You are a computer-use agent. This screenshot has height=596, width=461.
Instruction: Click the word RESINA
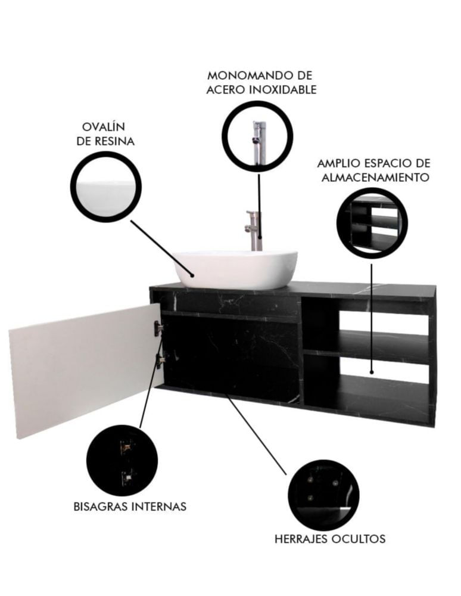114,141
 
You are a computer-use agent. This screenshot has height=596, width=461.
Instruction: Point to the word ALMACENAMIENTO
375,177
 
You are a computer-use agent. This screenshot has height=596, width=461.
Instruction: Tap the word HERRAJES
301,539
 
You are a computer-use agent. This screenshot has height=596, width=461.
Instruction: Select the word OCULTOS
359,539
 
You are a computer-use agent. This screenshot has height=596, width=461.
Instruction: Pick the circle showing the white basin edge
106,187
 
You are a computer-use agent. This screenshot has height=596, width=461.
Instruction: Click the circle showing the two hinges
122,460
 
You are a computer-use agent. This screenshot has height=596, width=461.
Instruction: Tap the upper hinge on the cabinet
158,328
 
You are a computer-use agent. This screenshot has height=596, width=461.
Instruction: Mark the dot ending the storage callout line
372,372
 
